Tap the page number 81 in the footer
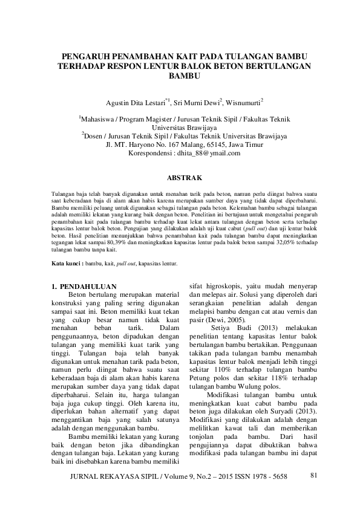[x=313, y=476]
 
